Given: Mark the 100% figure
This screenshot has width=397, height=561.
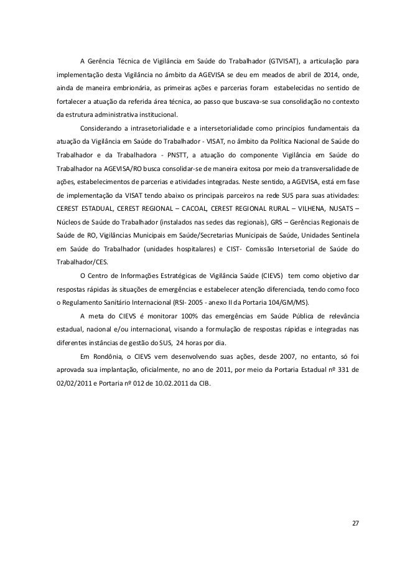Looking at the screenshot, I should [x=192, y=315].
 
